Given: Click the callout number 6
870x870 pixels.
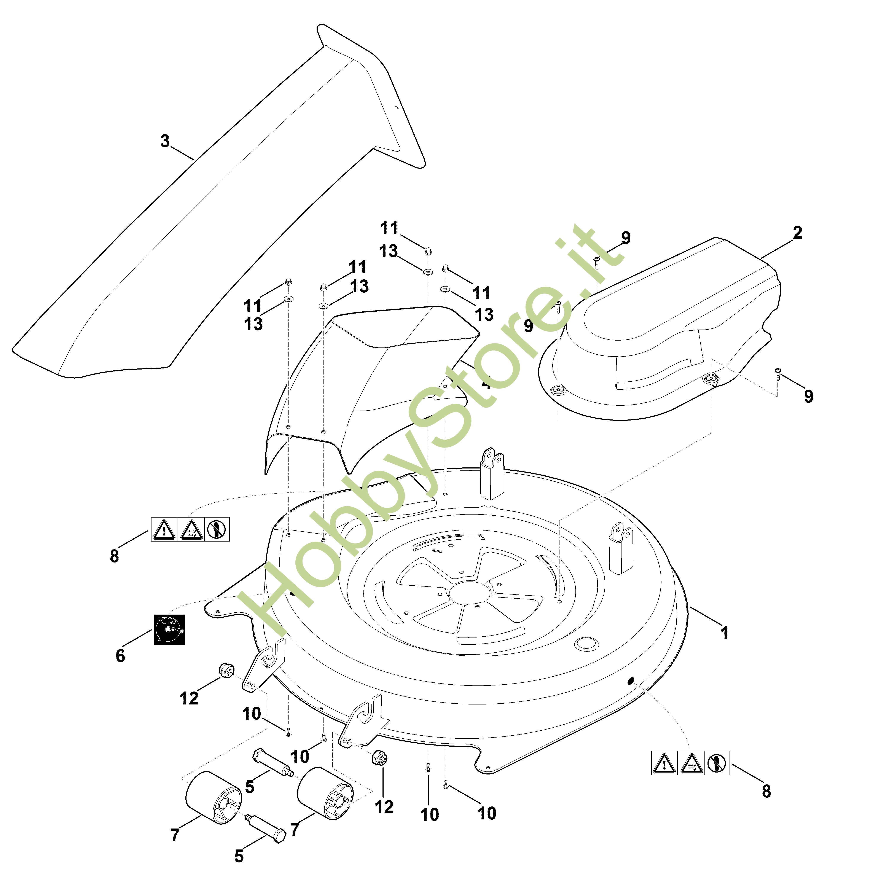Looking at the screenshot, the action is (120, 656).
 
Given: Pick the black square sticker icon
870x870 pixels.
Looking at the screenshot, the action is (169, 629).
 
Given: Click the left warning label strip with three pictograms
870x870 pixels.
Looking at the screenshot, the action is (190, 529).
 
